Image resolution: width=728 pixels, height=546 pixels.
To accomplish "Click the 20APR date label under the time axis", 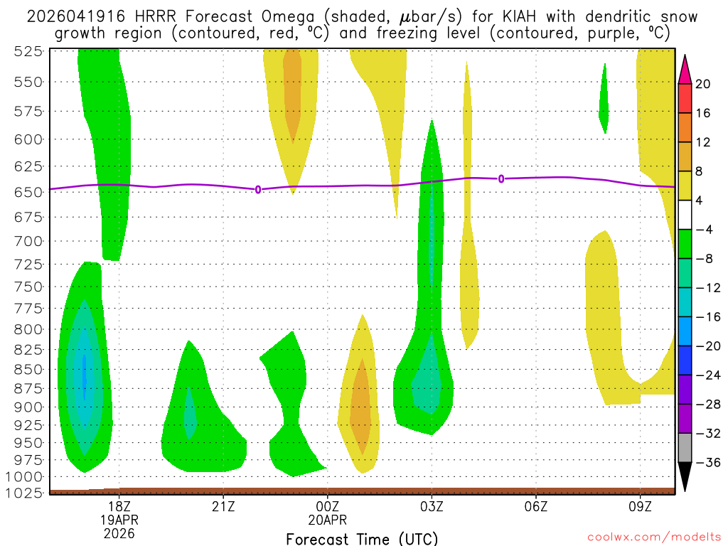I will pyautogui.click(x=327, y=519).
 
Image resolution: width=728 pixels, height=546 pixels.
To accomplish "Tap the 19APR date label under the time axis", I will pyautogui.click(x=119, y=519).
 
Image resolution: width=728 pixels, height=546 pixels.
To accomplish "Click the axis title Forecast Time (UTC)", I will pyautogui.click(x=362, y=539).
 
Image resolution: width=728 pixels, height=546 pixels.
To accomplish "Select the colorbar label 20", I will pyautogui.click(x=703, y=84).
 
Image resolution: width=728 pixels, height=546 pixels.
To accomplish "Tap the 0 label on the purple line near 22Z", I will pyautogui.click(x=258, y=189).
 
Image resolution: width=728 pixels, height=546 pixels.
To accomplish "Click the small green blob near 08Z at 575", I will pyautogui.click(x=604, y=100).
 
